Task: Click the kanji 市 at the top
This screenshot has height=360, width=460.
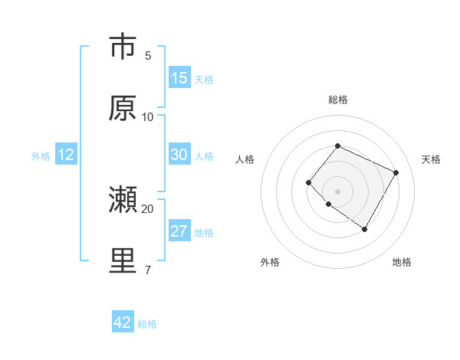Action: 123,47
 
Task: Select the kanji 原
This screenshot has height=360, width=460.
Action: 123,108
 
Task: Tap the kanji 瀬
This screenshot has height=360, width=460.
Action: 123,201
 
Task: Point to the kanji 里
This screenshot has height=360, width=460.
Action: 123,261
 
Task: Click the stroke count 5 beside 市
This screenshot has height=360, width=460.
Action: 148,56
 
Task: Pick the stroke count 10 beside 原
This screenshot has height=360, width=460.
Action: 148,117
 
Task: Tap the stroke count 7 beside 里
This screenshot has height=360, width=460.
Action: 148,270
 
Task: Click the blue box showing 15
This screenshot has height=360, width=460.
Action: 179,78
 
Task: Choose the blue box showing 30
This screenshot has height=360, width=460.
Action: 179,155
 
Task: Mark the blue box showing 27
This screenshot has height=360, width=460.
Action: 179,231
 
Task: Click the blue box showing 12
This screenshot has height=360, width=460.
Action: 66,155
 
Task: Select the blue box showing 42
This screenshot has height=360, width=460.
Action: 123,322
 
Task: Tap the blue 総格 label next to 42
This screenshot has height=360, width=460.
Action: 147,324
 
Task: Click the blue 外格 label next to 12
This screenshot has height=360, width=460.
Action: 41,156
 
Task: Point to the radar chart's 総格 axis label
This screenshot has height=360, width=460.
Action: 337,100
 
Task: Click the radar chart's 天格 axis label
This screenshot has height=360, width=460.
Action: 431,159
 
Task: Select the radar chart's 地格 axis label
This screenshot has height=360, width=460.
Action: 402,262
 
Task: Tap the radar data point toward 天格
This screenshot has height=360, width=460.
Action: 396,172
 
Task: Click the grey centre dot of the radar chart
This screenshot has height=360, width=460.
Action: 337,191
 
